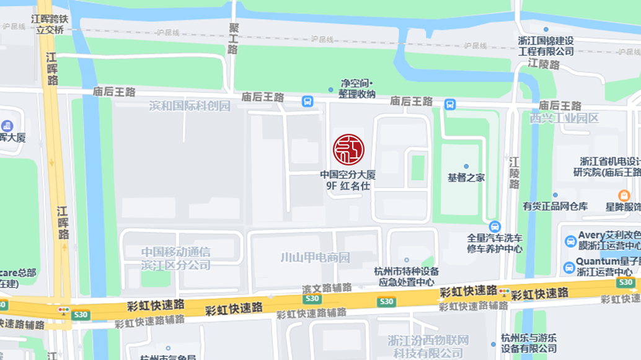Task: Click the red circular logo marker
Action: (348, 149)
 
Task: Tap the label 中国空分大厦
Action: (348, 175)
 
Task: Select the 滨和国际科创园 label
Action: (190, 106)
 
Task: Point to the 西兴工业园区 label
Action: (564, 118)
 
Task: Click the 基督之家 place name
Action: (466, 177)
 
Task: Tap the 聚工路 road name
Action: (234, 38)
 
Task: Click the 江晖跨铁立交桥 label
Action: (50, 24)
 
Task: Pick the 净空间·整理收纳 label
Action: (357, 89)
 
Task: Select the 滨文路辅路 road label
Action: (327, 288)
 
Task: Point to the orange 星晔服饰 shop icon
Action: (624, 195)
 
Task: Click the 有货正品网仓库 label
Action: (555, 206)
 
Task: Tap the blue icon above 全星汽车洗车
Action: (494, 227)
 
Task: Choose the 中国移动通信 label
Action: (176, 252)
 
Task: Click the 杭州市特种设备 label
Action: (407, 271)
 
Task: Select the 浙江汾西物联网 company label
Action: (428, 340)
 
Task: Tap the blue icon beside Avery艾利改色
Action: (570, 241)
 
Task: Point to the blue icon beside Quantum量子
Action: (568, 267)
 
